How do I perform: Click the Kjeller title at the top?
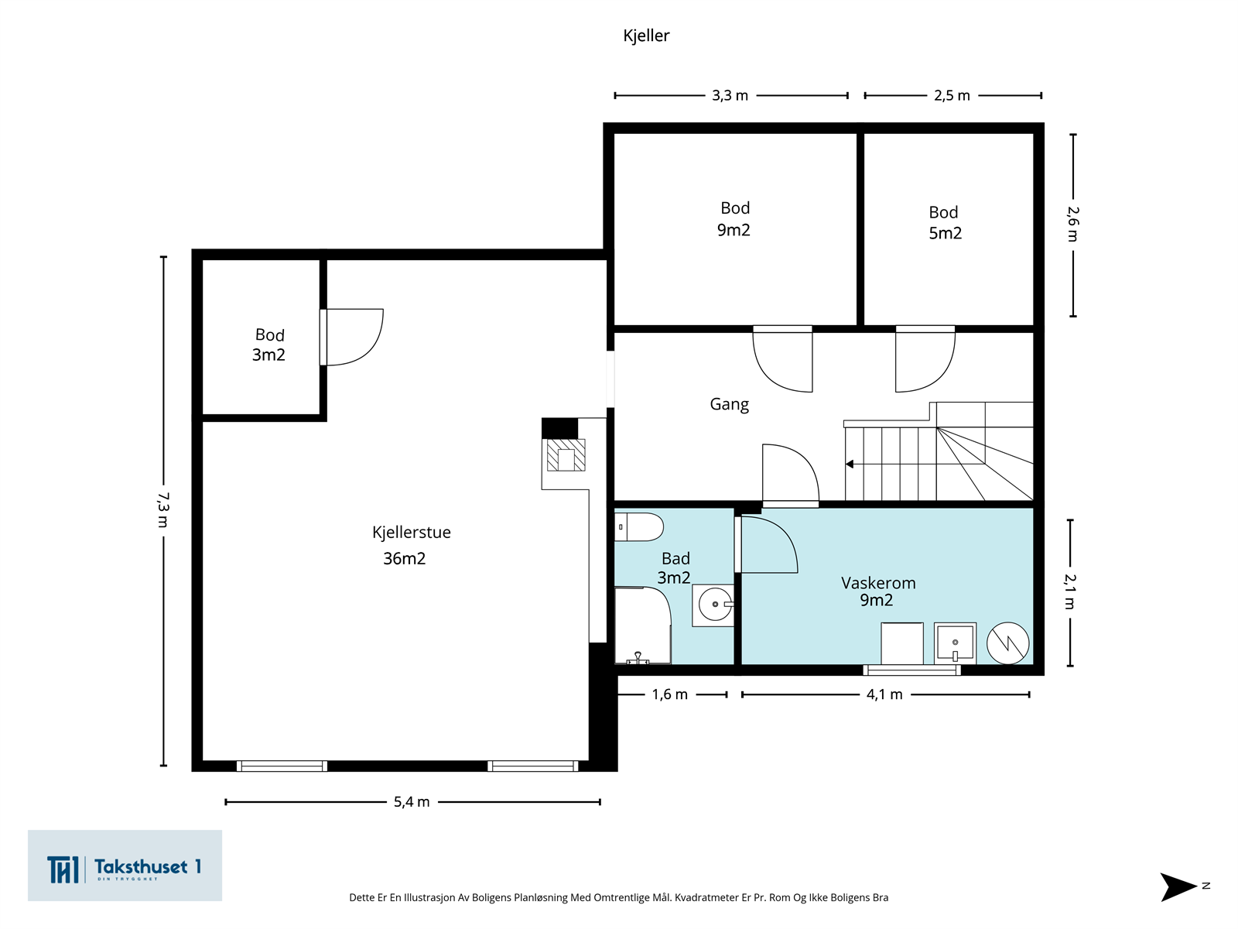[646, 36]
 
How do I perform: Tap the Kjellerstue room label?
[411, 533]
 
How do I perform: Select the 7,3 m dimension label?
[163, 510]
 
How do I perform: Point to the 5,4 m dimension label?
[412, 801]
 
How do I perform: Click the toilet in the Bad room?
[638, 527]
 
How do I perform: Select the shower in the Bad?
[642, 626]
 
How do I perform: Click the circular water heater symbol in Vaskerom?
[1007, 643]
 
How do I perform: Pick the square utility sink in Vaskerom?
[955, 643]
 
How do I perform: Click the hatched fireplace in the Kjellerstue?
[566, 454]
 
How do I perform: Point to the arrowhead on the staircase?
[849, 464]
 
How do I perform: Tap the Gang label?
[730, 404]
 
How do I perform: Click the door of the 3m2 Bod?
[352, 337]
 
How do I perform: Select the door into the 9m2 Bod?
[782, 358]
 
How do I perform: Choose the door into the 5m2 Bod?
[925, 358]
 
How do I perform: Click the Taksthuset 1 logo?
[125, 866]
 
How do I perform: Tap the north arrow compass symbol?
[1178, 886]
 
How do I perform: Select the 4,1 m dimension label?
[884, 694]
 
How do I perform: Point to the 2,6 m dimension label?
[1072, 224]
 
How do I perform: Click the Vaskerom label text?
[878, 583]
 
